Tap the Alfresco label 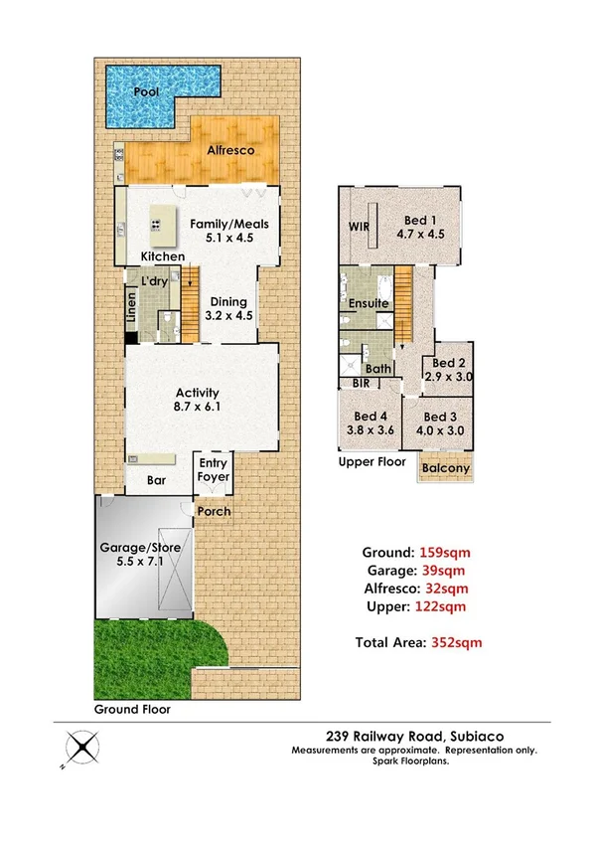click(230, 150)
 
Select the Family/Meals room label click(229, 224)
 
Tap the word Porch click(214, 511)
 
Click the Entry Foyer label click(214, 470)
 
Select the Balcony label click(444, 468)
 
